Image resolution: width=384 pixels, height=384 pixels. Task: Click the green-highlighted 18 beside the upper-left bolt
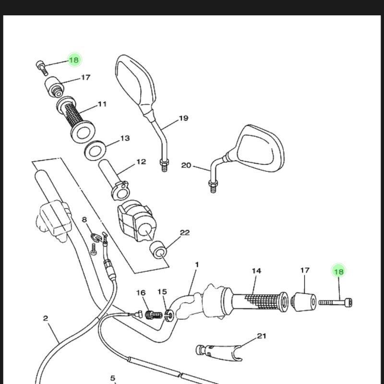coord(74,60)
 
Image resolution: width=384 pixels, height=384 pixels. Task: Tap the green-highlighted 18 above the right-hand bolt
coord(339,272)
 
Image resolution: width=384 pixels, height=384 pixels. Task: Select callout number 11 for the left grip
coord(102,104)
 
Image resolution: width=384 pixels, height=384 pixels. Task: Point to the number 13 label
coord(125,138)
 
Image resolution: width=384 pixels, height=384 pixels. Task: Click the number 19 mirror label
coord(183,118)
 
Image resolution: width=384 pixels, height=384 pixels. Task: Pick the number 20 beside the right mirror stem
coord(186,166)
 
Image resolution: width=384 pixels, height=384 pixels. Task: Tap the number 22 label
coord(185,233)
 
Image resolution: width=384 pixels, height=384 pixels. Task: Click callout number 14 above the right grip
coord(256,271)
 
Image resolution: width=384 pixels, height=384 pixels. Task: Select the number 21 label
coord(261,336)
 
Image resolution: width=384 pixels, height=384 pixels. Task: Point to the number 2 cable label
coord(46,318)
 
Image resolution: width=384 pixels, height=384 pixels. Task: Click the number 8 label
coord(84,220)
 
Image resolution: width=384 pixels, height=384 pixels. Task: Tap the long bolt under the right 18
coord(335,302)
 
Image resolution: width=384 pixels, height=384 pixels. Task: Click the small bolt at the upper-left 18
coord(42,67)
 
